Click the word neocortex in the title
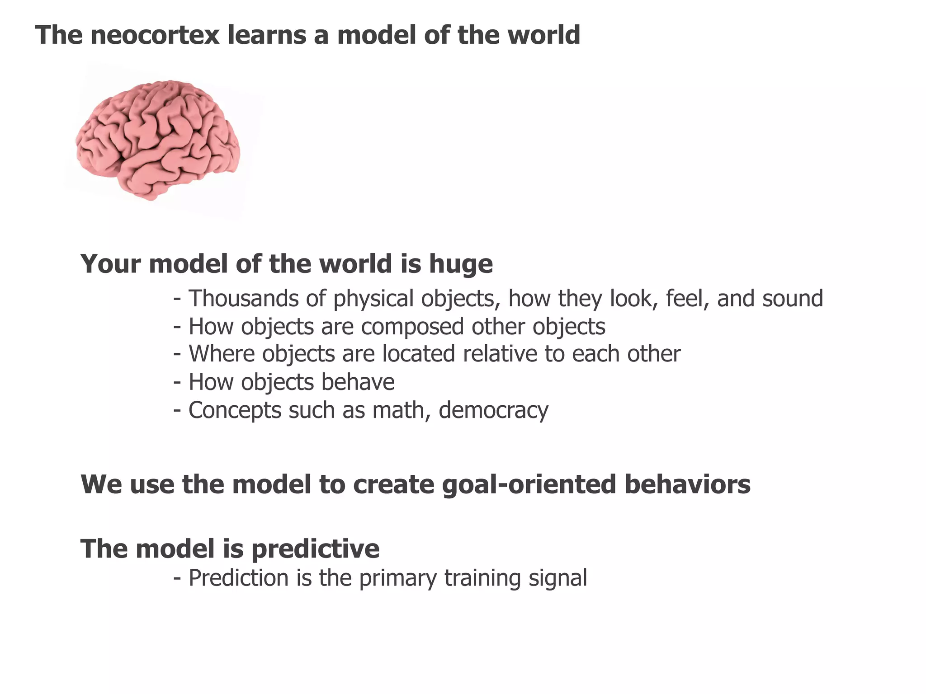[x=155, y=35]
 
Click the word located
[x=418, y=354]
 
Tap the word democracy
[x=493, y=410]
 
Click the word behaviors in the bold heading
[x=687, y=484]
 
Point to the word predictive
[x=315, y=549]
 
